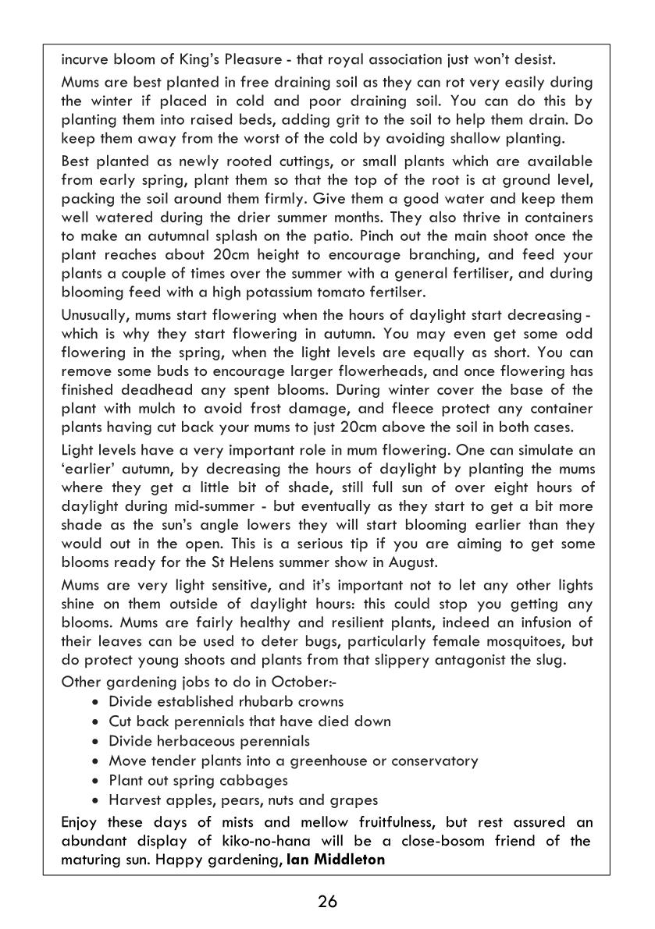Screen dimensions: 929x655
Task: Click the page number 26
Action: (x=327, y=902)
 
